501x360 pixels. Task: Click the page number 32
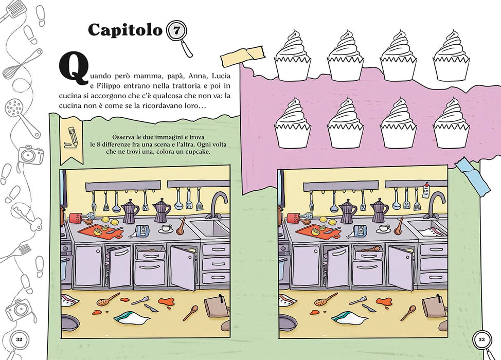[x=19, y=339]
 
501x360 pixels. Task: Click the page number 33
[x=481, y=339]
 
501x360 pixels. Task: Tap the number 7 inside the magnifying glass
[x=176, y=31]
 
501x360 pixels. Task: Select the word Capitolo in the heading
[x=126, y=30]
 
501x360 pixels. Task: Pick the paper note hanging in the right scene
[x=426, y=190]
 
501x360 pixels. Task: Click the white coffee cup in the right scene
[x=383, y=228]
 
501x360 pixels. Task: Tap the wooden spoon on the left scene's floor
[x=190, y=313]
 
